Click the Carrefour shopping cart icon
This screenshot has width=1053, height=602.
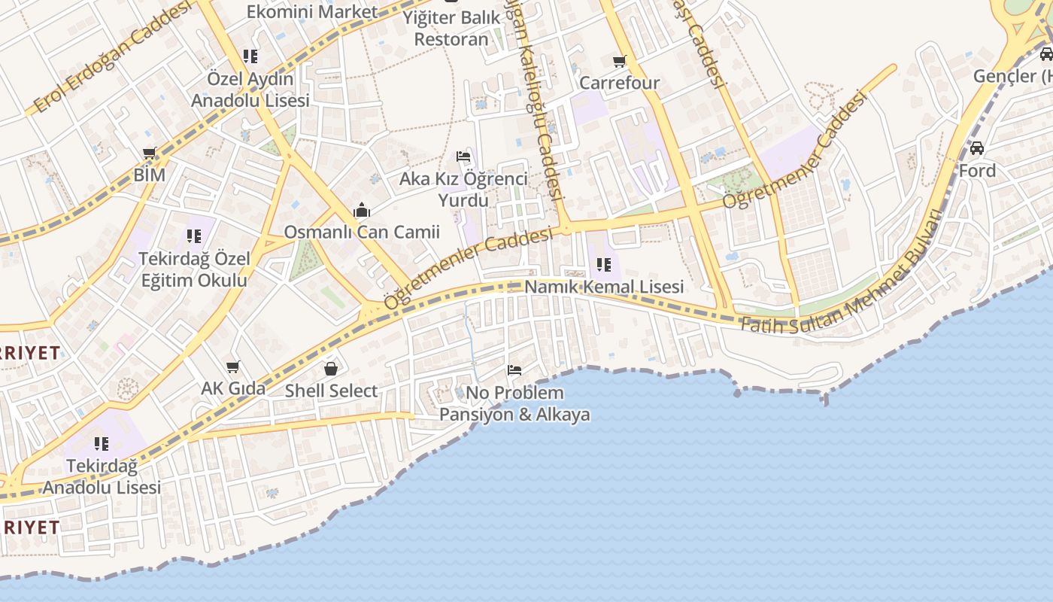619,62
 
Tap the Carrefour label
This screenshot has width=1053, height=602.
619,83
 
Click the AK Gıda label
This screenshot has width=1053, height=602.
233,388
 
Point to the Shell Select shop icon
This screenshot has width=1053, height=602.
330,369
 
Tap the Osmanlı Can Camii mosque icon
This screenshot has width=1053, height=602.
362,210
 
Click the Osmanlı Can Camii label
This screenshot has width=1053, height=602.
362,232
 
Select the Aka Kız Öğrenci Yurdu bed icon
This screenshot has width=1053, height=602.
463,157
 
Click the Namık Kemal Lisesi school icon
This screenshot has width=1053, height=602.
603,265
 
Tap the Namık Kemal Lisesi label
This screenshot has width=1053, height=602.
604,287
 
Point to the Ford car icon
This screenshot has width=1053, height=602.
976,148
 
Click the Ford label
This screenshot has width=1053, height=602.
977,171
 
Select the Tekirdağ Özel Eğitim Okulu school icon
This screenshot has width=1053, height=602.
194,236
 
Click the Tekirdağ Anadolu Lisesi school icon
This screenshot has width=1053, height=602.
101,444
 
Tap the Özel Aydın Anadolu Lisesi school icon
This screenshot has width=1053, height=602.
250,56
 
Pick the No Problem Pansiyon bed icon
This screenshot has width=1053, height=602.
514,370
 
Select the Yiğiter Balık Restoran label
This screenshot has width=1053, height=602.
451,28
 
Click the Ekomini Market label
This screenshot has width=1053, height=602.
312,12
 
